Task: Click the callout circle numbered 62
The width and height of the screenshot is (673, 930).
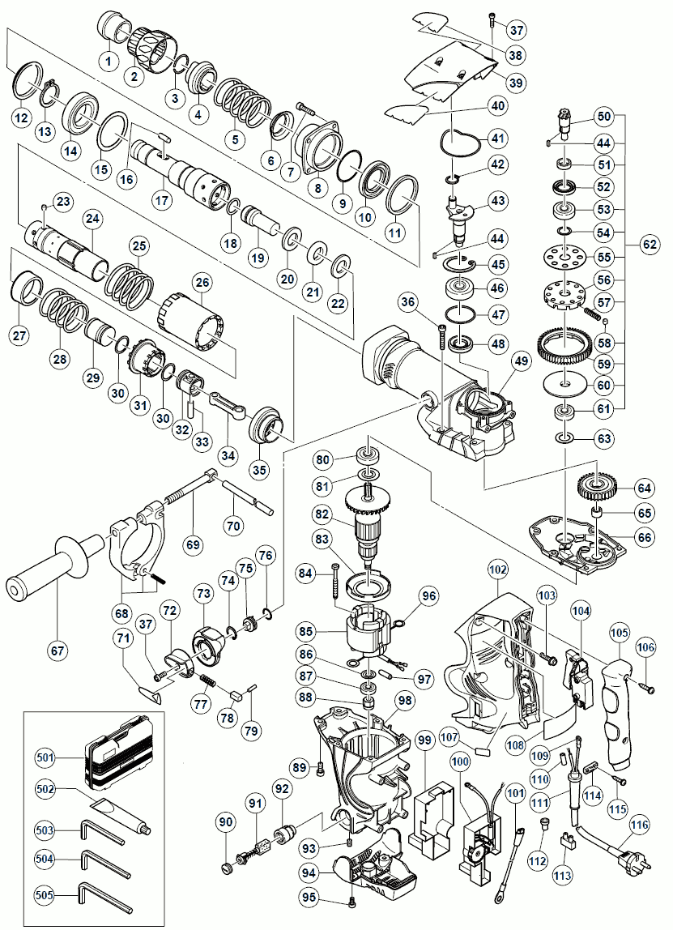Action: tap(649, 243)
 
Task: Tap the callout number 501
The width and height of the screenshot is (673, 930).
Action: tap(45, 757)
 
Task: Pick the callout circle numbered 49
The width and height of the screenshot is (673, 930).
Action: tap(520, 361)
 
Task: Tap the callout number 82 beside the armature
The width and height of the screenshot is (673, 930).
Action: tap(324, 514)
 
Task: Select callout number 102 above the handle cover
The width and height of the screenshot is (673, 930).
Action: tap(497, 569)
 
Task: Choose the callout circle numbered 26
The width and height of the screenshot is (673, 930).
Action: tap(201, 282)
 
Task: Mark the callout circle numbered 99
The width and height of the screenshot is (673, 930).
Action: tap(424, 740)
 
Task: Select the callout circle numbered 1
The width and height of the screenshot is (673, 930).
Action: tap(107, 58)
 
